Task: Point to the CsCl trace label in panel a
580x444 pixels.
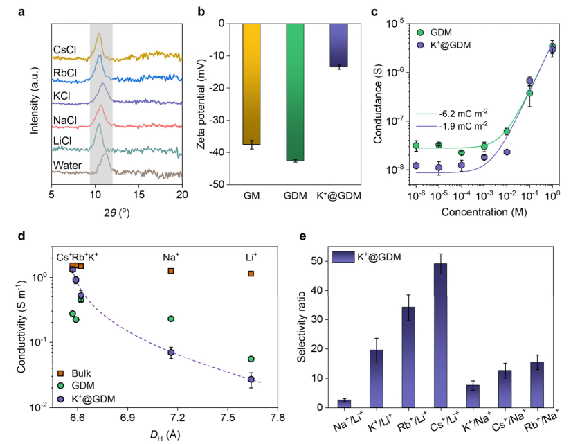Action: point(66,50)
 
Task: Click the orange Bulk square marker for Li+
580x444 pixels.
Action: point(251,274)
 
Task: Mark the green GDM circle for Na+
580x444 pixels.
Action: point(171,319)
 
